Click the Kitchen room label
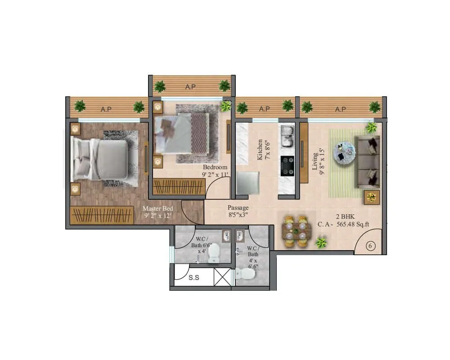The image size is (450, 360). pyautogui.click(x=260, y=150)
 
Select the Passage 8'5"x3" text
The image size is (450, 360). pyautogui.click(x=238, y=211)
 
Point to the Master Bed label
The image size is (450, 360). pyautogui.click(x=157, y=212)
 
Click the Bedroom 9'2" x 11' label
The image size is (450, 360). pyautogui.click(x=215, y=171)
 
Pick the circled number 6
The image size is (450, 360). pyautogui.click(x=371, y=246)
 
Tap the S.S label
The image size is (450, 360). pyautogui.click(x=194, y=278)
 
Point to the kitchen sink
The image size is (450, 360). pyautogui.click(x=287, y=136)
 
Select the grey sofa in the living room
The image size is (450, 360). pyautogui.click(x=368, y=162)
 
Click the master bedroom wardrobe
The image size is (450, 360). pyautogui.click(x=102, y=215)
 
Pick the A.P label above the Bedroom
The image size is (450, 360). pyautogui.click(x=191, y=87)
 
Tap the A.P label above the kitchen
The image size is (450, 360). pyautogui.click(x=265, y=108)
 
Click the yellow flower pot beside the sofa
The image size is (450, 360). pyautogui.click(x=372, y=197)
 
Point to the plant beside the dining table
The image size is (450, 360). pyautogui.click(x=321, y=243)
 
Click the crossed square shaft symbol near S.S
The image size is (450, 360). pyautogui.click(x=223, y=276)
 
